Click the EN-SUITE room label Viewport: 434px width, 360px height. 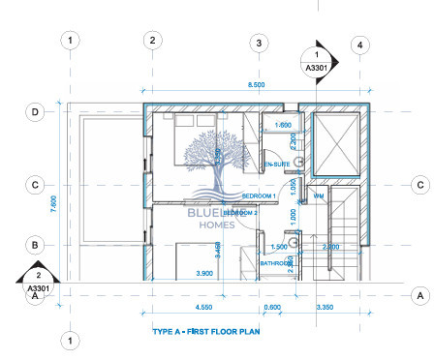(277, 165)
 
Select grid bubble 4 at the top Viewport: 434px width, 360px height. (359, 44)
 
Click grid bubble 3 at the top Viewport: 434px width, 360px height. (258, 44)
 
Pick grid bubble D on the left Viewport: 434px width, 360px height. (35, 112)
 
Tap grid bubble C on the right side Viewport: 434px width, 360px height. (419, 184)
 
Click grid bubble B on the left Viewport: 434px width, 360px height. (35, 244)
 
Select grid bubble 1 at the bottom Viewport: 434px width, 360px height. (70, 340)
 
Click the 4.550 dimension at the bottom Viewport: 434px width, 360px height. (202, 308)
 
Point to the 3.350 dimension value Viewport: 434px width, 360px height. (323, 308)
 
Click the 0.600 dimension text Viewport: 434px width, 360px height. (274, 308)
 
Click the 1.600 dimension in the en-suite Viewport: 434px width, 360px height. (284, 125)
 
